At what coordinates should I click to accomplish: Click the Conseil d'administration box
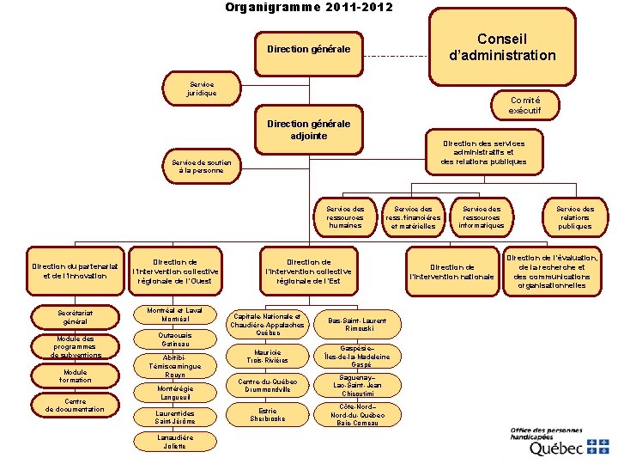point(502,47)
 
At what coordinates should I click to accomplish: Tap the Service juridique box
point(203,88)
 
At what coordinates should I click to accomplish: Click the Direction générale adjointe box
point(309,130)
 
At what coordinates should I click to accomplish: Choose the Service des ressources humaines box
point(345,217)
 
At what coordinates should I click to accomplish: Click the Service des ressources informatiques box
point(482,217)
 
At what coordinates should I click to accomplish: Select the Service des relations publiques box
point(575,217)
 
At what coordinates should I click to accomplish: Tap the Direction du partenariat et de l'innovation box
point(75,270)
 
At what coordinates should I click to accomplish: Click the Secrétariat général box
point(76,317)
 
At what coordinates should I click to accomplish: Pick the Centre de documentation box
point(76,406)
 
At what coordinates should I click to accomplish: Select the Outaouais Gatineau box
point(176,339)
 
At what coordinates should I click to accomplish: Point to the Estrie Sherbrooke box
point(267,414)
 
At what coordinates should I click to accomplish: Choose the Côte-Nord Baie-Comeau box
point(357,414)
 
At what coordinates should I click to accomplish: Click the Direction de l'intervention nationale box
point(452,272)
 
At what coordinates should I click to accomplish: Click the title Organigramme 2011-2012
point(309,8)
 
